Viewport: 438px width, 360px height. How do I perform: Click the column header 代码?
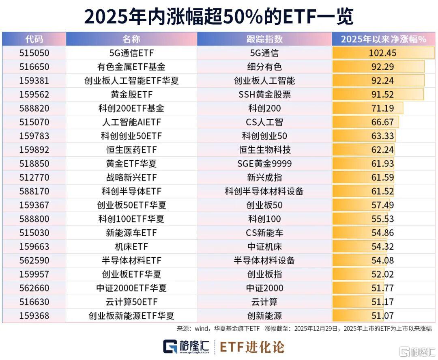34,39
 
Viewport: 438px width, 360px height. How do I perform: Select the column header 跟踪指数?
264,39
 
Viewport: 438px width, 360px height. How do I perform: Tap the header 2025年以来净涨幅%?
383,39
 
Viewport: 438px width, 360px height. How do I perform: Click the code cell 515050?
34,53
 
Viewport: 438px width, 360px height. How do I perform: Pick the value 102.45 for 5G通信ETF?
382,53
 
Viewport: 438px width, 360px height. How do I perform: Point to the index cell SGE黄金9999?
264,164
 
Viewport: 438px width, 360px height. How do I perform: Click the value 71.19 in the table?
382,108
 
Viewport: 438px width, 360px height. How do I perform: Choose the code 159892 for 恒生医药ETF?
34,150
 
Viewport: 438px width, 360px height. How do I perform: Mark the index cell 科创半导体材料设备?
264,191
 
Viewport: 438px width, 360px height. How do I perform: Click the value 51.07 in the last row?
382,315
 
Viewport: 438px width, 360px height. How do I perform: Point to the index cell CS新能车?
264,233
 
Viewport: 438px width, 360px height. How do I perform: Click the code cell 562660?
34,288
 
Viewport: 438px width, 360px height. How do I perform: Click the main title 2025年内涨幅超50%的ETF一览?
219,17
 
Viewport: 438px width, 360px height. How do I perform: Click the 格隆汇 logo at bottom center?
186,346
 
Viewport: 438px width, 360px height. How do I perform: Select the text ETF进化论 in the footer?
252,347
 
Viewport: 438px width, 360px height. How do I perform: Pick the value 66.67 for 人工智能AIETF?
382,122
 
